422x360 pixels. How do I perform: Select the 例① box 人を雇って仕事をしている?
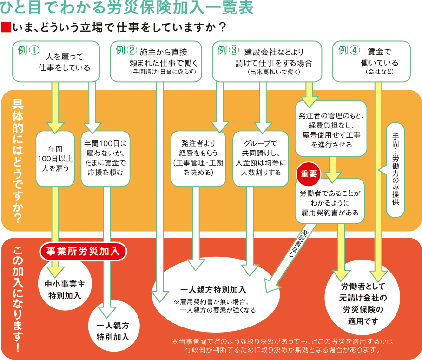point(56,61)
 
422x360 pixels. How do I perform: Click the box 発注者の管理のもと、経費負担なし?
point(330,127)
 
